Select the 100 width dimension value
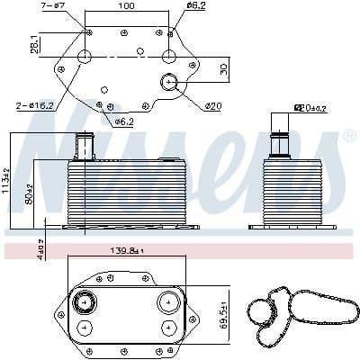(126, 6)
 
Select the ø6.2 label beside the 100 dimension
(197, 6)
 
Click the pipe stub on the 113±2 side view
(87, 144)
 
